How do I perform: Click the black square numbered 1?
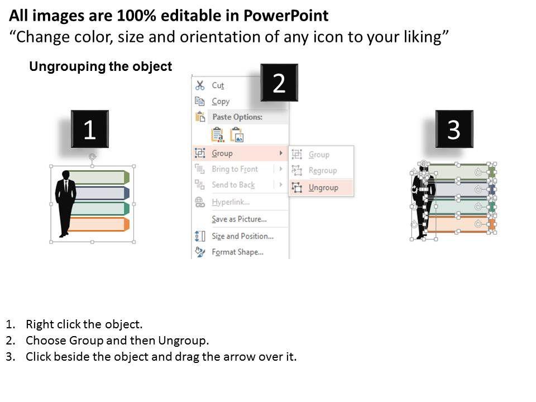90,129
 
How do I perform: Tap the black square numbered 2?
279,83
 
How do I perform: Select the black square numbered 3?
454,129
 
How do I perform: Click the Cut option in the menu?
218,85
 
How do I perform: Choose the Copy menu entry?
221,101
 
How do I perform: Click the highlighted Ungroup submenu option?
323,188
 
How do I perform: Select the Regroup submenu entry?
323,171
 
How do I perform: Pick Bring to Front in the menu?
234,169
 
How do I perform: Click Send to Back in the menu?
233,185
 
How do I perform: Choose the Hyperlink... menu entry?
231,202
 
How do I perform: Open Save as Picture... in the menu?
239,219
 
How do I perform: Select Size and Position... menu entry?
242,236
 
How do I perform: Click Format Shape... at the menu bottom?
238,252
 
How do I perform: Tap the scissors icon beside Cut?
200,85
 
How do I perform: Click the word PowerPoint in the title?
286,16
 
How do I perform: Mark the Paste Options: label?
237,117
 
